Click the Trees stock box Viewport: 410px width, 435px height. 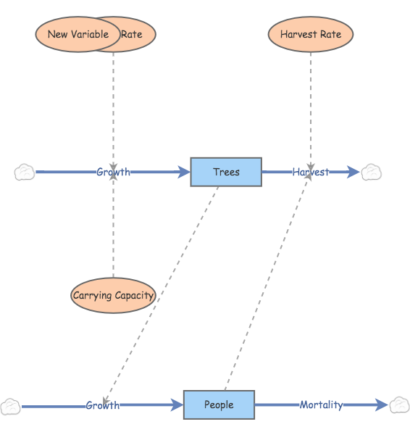click(x=226, y=172)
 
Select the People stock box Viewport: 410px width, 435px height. click(x=219, y=405)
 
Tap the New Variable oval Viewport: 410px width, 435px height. click(x=78, y=34)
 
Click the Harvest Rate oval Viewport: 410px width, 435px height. click(x=311, y=34)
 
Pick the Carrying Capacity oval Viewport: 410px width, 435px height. click(x=113, y=295)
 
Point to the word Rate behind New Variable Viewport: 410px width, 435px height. click(x=133, y=34)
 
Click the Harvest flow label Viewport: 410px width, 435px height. click(x=310, y=172)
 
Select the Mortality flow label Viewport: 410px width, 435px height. click(x=321, y=405)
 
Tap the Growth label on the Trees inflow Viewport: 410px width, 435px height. click(x=113, y=172)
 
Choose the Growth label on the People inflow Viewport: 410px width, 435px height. click(x=102, y=405)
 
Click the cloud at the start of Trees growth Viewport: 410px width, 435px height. click(x=24, y=172)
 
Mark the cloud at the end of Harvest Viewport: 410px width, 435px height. click(x=372, y=172)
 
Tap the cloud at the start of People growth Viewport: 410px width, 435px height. click(x=10, y=406)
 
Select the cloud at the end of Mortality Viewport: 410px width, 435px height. click(x=399, y=405)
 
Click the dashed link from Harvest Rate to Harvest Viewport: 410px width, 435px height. click(x=311, y=109)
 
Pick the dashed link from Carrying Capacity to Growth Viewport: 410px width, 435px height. click(x=113, y=232)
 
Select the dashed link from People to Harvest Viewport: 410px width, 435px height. click(x=267, y=290)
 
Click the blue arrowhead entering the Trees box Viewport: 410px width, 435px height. click(x=184, y=172)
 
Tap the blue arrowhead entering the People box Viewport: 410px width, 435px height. click(x=177, y=406)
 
